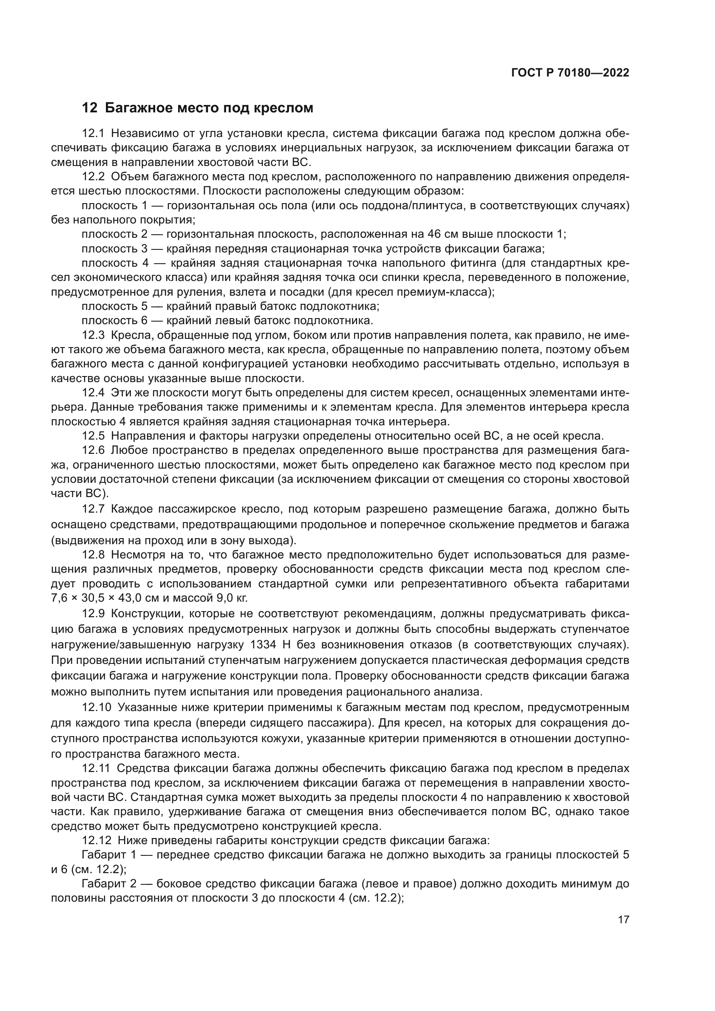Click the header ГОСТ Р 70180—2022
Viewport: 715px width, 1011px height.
[x=570, y=73]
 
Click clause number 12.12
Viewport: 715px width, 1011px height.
[x=96, y=841]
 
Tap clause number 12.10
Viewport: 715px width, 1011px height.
[x=96, y=708]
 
